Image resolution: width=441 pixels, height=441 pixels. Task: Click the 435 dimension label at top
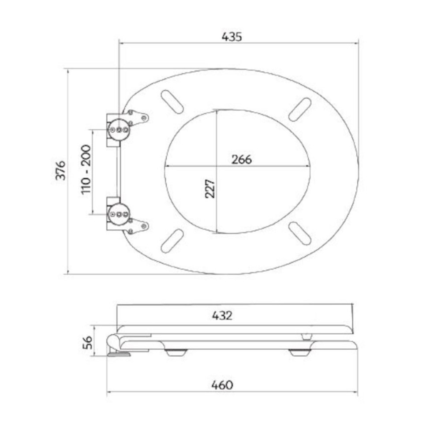pyautogui.click(x=232, y=37)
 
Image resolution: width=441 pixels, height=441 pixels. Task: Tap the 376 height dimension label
pyautogui.click(x=60, y=170)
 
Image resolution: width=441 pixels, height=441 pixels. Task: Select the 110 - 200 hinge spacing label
pyautogui.click(x=86, y=169)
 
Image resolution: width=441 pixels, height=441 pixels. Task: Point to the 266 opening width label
pyautogui.click(x=242, y=160)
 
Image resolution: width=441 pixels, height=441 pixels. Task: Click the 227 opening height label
pyautogui.click(x=210, y=189)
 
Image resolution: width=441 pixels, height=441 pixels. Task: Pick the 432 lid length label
pyautogui.click(x=222, y=316)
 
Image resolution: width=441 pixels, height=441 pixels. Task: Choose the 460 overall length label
pyautogui.click(x=222, y=385)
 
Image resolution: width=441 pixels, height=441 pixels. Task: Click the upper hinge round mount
pyautogui.click(x=119, y=130)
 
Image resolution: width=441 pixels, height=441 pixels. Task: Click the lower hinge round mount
pyautogui.click(x=119, y=214)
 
